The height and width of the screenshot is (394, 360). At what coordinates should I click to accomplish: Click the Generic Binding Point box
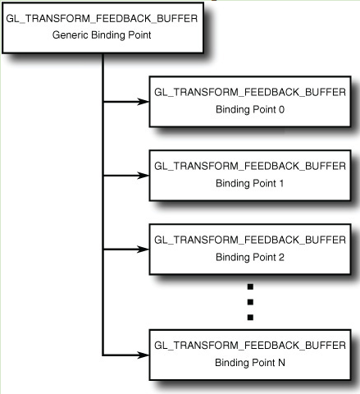[x=103, y=28]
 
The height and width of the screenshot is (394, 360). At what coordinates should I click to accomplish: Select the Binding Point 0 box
[x=250, y=102]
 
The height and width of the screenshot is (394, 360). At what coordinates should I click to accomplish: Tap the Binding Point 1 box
[x=250, y=176]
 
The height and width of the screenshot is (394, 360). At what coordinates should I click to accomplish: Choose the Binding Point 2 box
[x=250, y=250]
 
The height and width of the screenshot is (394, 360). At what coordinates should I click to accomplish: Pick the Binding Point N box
[x=250, y=355]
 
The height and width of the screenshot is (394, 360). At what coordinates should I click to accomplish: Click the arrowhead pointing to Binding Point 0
[x=143, y=102]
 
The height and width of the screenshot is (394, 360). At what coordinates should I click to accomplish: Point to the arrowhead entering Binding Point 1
[x=143, y=176]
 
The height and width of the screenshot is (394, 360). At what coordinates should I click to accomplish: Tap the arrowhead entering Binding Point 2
[x=143, y=250]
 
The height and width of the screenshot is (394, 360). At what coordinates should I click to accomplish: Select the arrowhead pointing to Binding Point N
[x=143, y=355]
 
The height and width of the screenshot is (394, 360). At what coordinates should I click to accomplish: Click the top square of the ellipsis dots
[x=250, y=286]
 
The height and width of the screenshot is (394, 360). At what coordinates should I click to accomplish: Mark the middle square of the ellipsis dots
[x=250, y=302]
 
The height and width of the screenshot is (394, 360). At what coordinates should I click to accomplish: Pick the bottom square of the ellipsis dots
[x=250, y=318]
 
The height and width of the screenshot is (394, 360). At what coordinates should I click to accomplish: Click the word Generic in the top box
[x=71, y=35]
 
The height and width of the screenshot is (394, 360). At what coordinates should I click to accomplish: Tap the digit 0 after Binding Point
[x=281, y=110]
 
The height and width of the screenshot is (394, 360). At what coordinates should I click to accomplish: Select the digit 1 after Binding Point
[x=281, y=183]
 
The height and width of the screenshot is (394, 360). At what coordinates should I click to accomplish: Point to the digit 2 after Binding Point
[x=281, y=257]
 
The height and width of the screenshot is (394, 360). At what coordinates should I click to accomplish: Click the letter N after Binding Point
[x=281, y=363]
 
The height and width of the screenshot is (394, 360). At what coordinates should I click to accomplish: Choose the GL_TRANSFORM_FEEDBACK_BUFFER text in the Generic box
[x=102, y=19]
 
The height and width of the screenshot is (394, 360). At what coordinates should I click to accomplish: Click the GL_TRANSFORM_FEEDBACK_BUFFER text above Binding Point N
[x=250, y=346]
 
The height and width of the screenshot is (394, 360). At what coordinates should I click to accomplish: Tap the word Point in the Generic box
[x=139, y=35]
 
